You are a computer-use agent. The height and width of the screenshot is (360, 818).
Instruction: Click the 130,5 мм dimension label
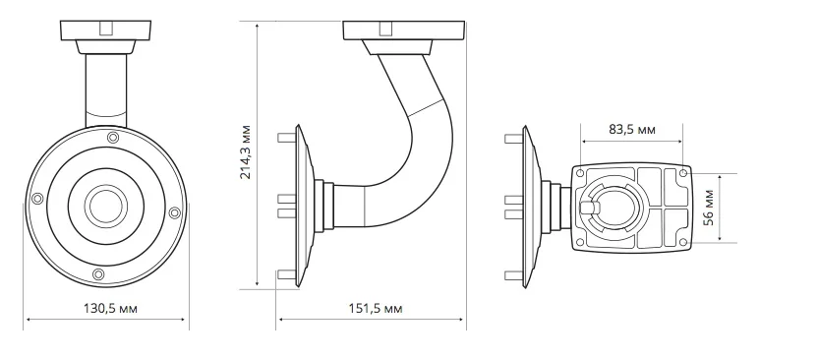(110, 308)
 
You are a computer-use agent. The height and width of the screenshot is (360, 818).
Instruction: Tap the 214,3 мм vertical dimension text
(245, 151)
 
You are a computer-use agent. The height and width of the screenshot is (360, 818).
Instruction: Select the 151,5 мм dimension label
(376, 308)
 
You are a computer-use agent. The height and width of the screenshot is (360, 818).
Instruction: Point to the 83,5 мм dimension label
(632, 130)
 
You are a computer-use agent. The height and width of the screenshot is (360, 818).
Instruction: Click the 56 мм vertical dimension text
(708, 208)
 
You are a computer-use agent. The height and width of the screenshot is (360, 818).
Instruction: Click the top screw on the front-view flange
(113, 138)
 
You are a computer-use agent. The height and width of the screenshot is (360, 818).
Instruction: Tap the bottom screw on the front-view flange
(98, 274)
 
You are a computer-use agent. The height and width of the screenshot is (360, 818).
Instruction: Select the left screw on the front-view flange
(37, 199)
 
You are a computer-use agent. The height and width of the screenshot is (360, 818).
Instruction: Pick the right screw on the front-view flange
(175, 212)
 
